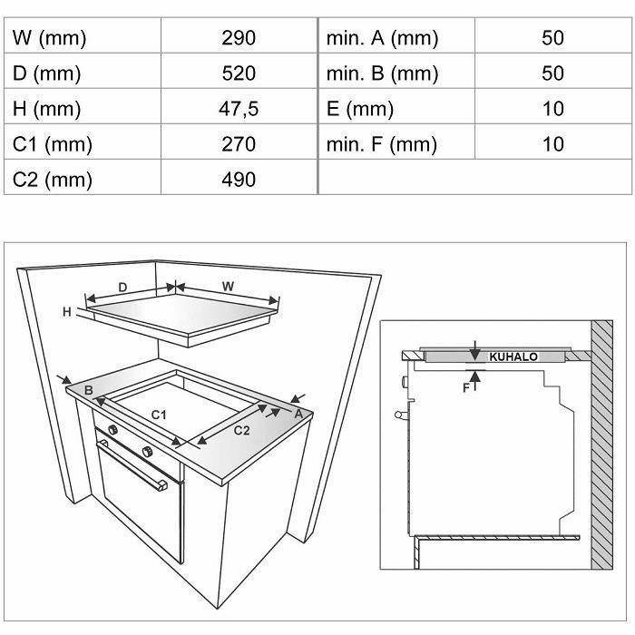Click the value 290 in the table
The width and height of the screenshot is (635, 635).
pyautogui.click(x=239, y=38)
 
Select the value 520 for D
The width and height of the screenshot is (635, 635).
pyautogui.click(x=239, y=73)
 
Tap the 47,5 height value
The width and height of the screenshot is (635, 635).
pyautogui.click(x=239, y=109)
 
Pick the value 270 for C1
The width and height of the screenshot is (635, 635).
pyautogui.click(x=239, y=144)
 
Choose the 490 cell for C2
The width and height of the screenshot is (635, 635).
pyautogui.click(x=239, y=180)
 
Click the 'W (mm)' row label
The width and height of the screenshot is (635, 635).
pyautogui.click(x=49, y=38)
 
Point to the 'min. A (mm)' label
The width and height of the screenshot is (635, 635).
pyautogui.click(x=382, y=38)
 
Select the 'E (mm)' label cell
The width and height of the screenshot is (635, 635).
pyautogui.click(x=360, y=110)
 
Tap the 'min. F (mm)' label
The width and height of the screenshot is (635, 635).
pyautogui.click(x=382, y=144)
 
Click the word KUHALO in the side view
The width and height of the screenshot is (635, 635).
pyautogui.click(x=513, y=357)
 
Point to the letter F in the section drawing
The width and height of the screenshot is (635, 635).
pyautogui.click(x=466, y=388)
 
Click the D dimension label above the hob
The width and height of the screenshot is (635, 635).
pyautogui.click(x=122, y=288)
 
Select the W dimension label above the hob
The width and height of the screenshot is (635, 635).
pyautogui.click(x=228, y=287)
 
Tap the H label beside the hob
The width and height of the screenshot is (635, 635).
pyautogui.click(x=67, y=311)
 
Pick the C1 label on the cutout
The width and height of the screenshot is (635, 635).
pyautogui.click(x=159, y=415)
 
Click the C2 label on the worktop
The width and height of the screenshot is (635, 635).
pyautogui.click(x=242, y=431)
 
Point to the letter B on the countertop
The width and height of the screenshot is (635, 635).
pyautogui.click(x=89, y=390)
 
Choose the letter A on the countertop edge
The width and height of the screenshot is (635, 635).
pyautogui.click(x=298, y=415)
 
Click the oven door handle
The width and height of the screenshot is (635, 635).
pyautogui.click(x=132, y=464)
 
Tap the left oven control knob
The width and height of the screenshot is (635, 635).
pyautogui.click(x=113, y=429)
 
